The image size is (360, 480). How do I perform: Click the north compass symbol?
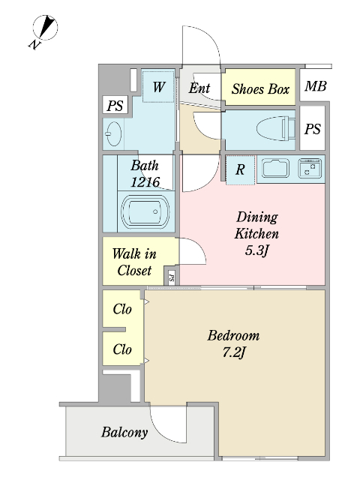[45, 28]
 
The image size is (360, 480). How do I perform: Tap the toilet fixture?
[276, 128]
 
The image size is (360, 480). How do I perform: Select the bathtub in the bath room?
[145, 211]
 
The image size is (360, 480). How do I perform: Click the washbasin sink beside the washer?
[113, 134]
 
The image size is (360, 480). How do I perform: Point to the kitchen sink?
[275, 168]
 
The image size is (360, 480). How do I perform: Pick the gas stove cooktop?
[310, 168]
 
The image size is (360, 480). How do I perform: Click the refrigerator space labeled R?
[240, 169]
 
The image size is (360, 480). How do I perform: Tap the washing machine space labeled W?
[158, 87]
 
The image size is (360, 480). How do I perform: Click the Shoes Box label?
[260, 89]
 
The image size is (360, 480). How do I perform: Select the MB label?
[316, 86]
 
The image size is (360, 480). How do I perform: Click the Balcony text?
[124, 433]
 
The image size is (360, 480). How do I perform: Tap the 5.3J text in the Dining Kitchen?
[256, 250]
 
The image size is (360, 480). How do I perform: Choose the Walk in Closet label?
[134, 262]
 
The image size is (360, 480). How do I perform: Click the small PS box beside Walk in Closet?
[172, 277]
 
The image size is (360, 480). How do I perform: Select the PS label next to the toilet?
[312, 129]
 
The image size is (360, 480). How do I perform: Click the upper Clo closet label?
[122, 309]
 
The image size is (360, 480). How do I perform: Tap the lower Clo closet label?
[122, 349]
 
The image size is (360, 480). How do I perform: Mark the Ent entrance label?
[199, 88]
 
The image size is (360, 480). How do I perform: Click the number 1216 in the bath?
[145, 182]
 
